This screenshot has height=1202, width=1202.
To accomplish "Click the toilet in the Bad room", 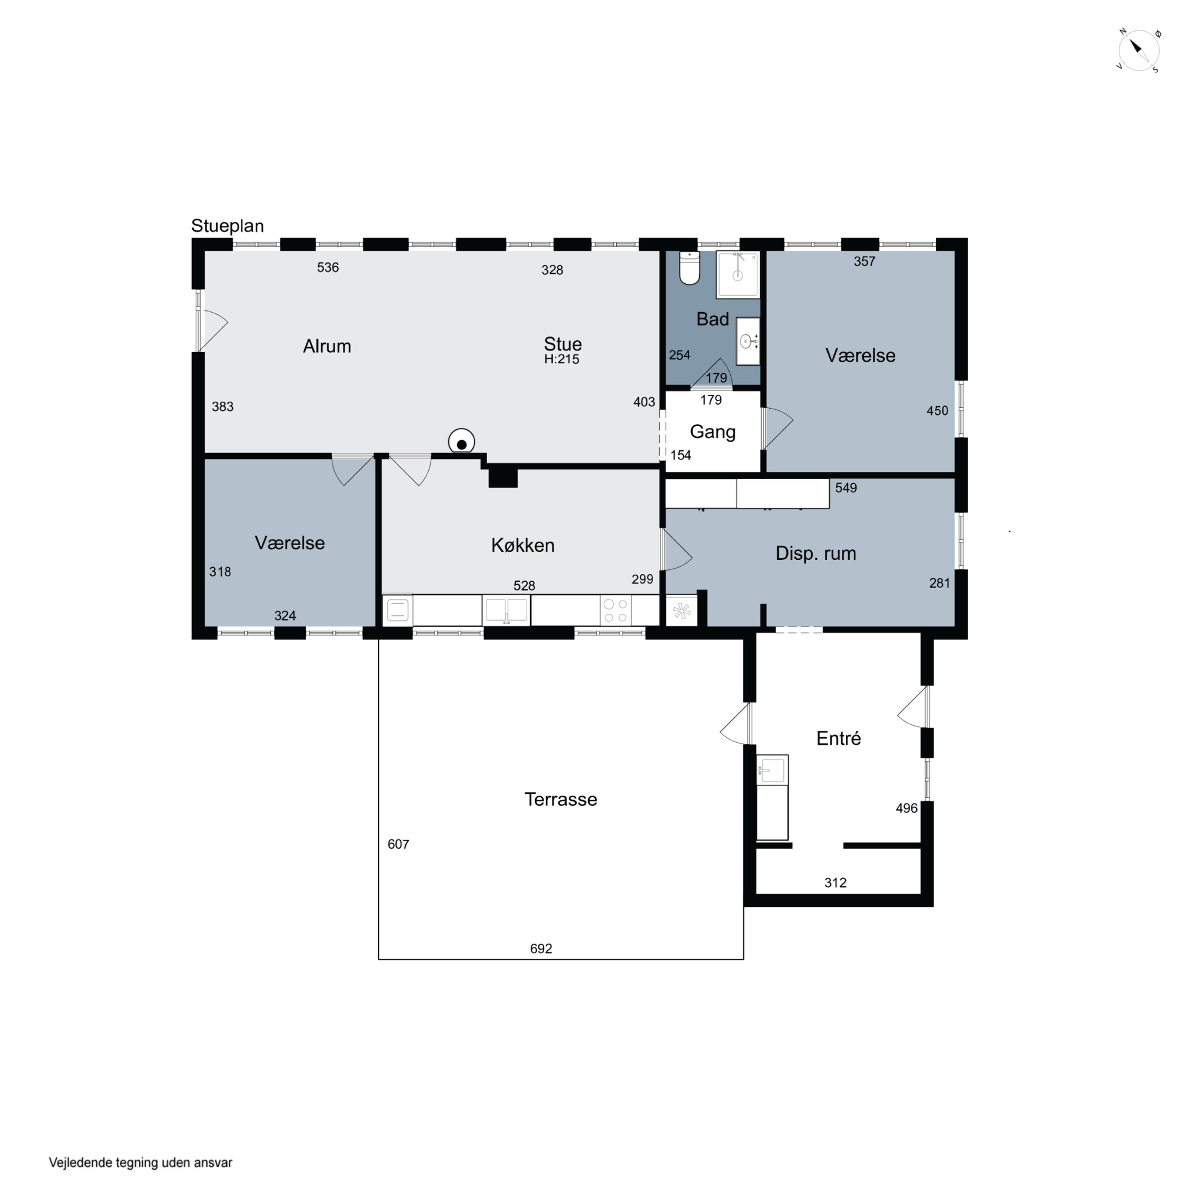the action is pyautogui.click(x=689, y=268).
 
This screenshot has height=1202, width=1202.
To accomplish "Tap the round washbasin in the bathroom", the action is pyautogui.click(x=747, y=341).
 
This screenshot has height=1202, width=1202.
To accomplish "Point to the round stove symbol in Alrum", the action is pyautogui.click(x=462, y=442).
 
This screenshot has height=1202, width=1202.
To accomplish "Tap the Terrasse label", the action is pyautogui.click(x=561, y=799).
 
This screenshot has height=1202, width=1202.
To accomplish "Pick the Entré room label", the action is pyautogui.click(x=838, y=738).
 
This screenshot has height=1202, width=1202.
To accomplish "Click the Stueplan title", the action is pyautogui.click(x=227, y=226).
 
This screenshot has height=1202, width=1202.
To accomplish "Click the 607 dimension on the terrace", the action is pyautogui.click(x=398, y=844).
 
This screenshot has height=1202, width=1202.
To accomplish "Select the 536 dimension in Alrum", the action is pyautogui.click(x=328, y=268).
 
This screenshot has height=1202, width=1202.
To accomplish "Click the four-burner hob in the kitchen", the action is pyautogui.click(x=615, y=610).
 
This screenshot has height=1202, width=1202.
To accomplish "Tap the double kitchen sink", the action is pyautogui.click(x=506, y=610).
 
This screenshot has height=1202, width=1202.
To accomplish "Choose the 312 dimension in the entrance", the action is pyautogui.click(x=835, y=882).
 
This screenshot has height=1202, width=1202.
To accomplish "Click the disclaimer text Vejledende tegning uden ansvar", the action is pyautogui.click(x=141, y=1162).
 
